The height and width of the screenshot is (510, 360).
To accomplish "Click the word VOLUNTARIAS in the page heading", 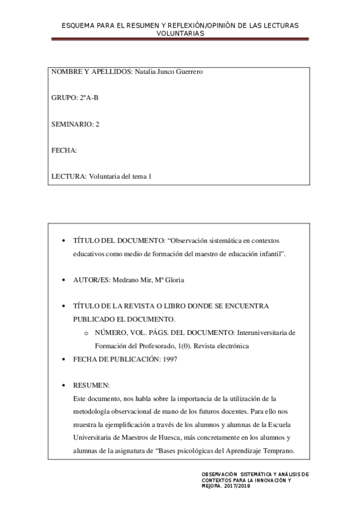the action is click(x=180, y=34).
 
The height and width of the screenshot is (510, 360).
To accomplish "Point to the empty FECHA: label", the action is click(x=64, y=150).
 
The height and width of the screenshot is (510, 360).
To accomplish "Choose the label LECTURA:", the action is click(x=69, y=176).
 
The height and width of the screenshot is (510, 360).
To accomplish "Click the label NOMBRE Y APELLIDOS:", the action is click(x=91, y=72).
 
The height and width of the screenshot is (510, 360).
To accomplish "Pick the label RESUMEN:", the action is click(x=91, y=385).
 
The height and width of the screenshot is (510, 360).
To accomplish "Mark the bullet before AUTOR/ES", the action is click(x=64, y=280).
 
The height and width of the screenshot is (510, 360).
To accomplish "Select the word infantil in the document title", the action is click(x=269, y=254).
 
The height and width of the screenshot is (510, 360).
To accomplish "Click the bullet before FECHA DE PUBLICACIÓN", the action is click(x=64, y=359).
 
